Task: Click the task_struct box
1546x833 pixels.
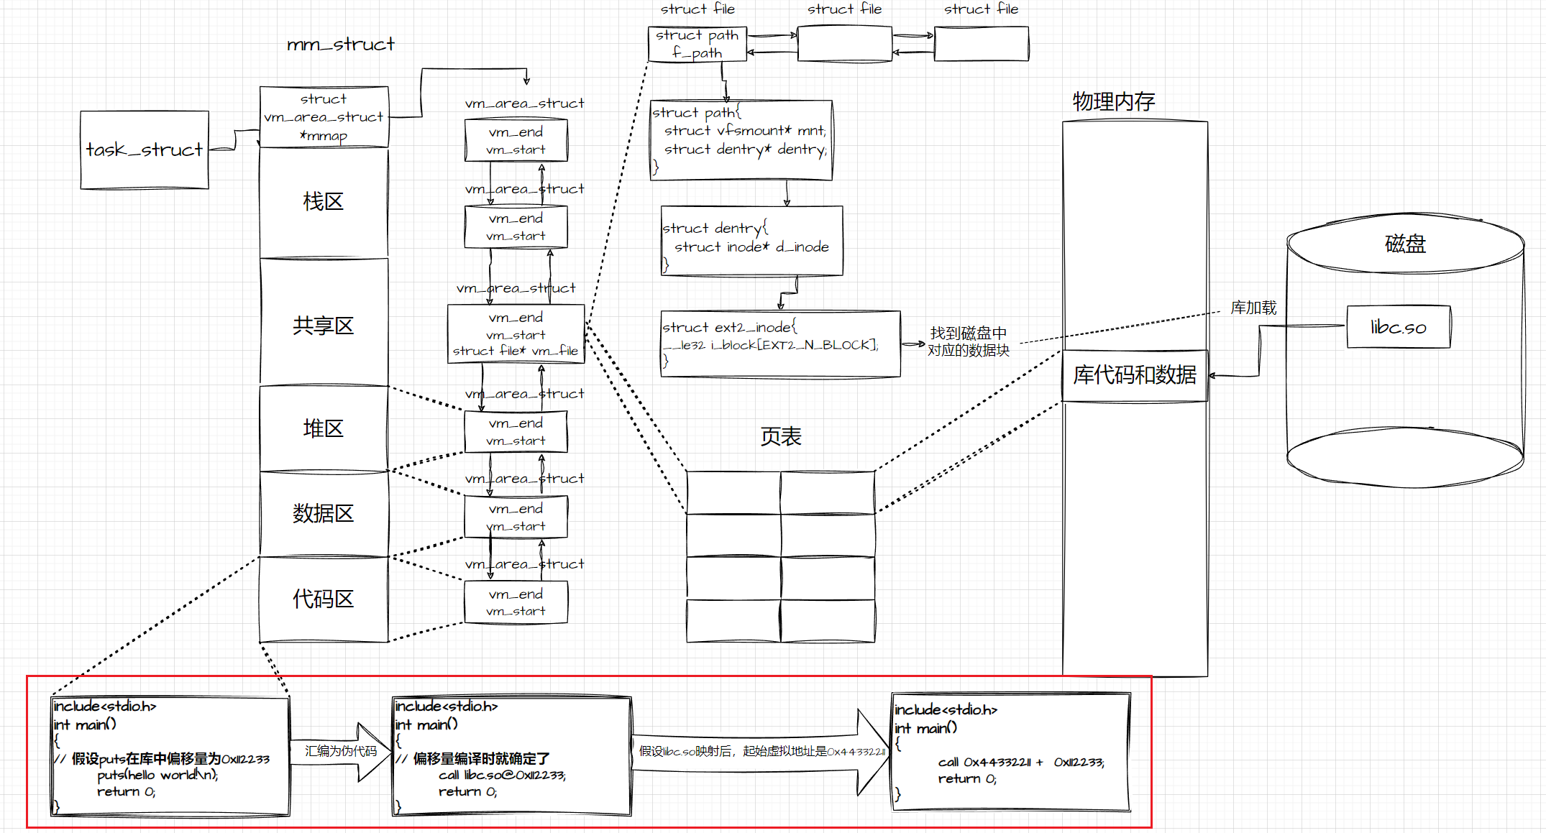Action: point(145,149)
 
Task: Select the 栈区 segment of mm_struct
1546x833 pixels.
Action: point(323,202)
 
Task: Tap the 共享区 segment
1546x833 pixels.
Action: point(323,326)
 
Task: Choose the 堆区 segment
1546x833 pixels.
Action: point(323,429)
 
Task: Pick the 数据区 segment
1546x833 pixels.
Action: point(323,514)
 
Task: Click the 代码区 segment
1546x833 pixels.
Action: point(323,599)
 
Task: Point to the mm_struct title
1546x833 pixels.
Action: point(340,45)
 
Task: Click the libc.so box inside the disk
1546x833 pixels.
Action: point(1398,327)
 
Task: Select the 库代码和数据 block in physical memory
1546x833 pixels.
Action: point(1135,375)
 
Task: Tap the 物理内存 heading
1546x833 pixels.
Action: point(1113,101)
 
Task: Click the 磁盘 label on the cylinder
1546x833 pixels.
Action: point(1404,244)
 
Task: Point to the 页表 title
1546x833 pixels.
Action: point(780,436)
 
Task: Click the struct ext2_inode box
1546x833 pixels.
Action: point(780,344)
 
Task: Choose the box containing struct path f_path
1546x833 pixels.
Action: point(697,44)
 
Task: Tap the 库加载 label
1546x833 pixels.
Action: point(1253,308)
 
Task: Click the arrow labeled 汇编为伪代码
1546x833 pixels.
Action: point(341,752)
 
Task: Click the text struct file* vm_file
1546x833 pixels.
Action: point(515,351)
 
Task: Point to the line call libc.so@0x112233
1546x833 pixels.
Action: point(502,775)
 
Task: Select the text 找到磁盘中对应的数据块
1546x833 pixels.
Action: point(968,341)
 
